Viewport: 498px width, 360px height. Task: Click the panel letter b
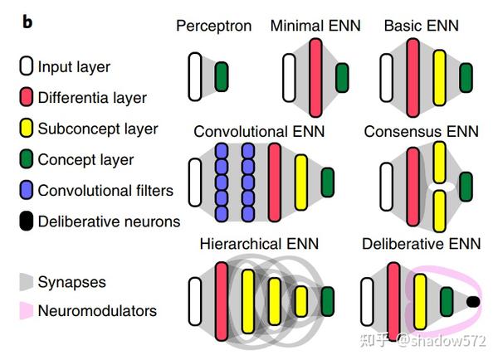click(28, 22)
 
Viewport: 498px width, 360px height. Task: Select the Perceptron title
click(213, 26)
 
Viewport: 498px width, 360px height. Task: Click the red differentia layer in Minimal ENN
click(315, 77)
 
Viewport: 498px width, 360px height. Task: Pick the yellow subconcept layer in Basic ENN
click(439, 77)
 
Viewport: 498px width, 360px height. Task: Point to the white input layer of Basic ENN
click(387, 77)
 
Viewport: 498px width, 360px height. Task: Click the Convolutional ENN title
click(259, 131)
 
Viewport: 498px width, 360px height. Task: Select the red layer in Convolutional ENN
click(276, 182)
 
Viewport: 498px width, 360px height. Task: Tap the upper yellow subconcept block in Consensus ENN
click(440, 162)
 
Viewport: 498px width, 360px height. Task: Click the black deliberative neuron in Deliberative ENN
click(473, 300)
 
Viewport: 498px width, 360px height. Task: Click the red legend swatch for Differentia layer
click(25, 98)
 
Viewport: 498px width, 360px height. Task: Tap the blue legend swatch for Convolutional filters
click(25, 191)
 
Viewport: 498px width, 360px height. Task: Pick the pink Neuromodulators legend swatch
click(25, 312)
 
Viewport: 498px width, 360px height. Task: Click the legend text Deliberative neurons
click(109, 221)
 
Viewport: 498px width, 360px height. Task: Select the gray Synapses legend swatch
click(25, 282)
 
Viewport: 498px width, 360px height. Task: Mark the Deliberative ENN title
click(421, 244)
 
